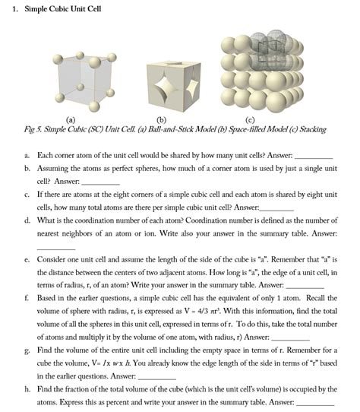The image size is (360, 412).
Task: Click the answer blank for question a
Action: pos(314,156)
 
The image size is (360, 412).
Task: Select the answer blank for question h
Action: pos(315,404)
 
